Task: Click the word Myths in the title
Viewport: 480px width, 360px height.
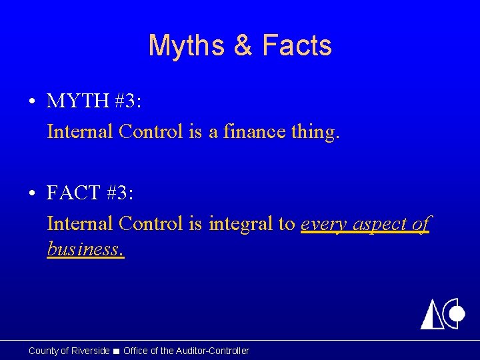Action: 185,46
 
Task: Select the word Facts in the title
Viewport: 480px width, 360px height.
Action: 297,46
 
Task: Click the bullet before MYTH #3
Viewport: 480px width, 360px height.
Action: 32,102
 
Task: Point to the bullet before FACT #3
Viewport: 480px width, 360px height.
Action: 32,194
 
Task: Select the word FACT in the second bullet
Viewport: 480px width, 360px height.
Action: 73,193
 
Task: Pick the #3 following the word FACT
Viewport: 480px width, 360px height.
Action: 120,193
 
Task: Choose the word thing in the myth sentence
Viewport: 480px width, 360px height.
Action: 315,132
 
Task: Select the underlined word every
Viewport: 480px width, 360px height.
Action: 323,225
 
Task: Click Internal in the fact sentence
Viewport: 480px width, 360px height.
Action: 80,223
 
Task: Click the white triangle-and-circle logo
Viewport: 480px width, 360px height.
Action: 442,313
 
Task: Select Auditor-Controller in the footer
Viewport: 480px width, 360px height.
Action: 212,351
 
